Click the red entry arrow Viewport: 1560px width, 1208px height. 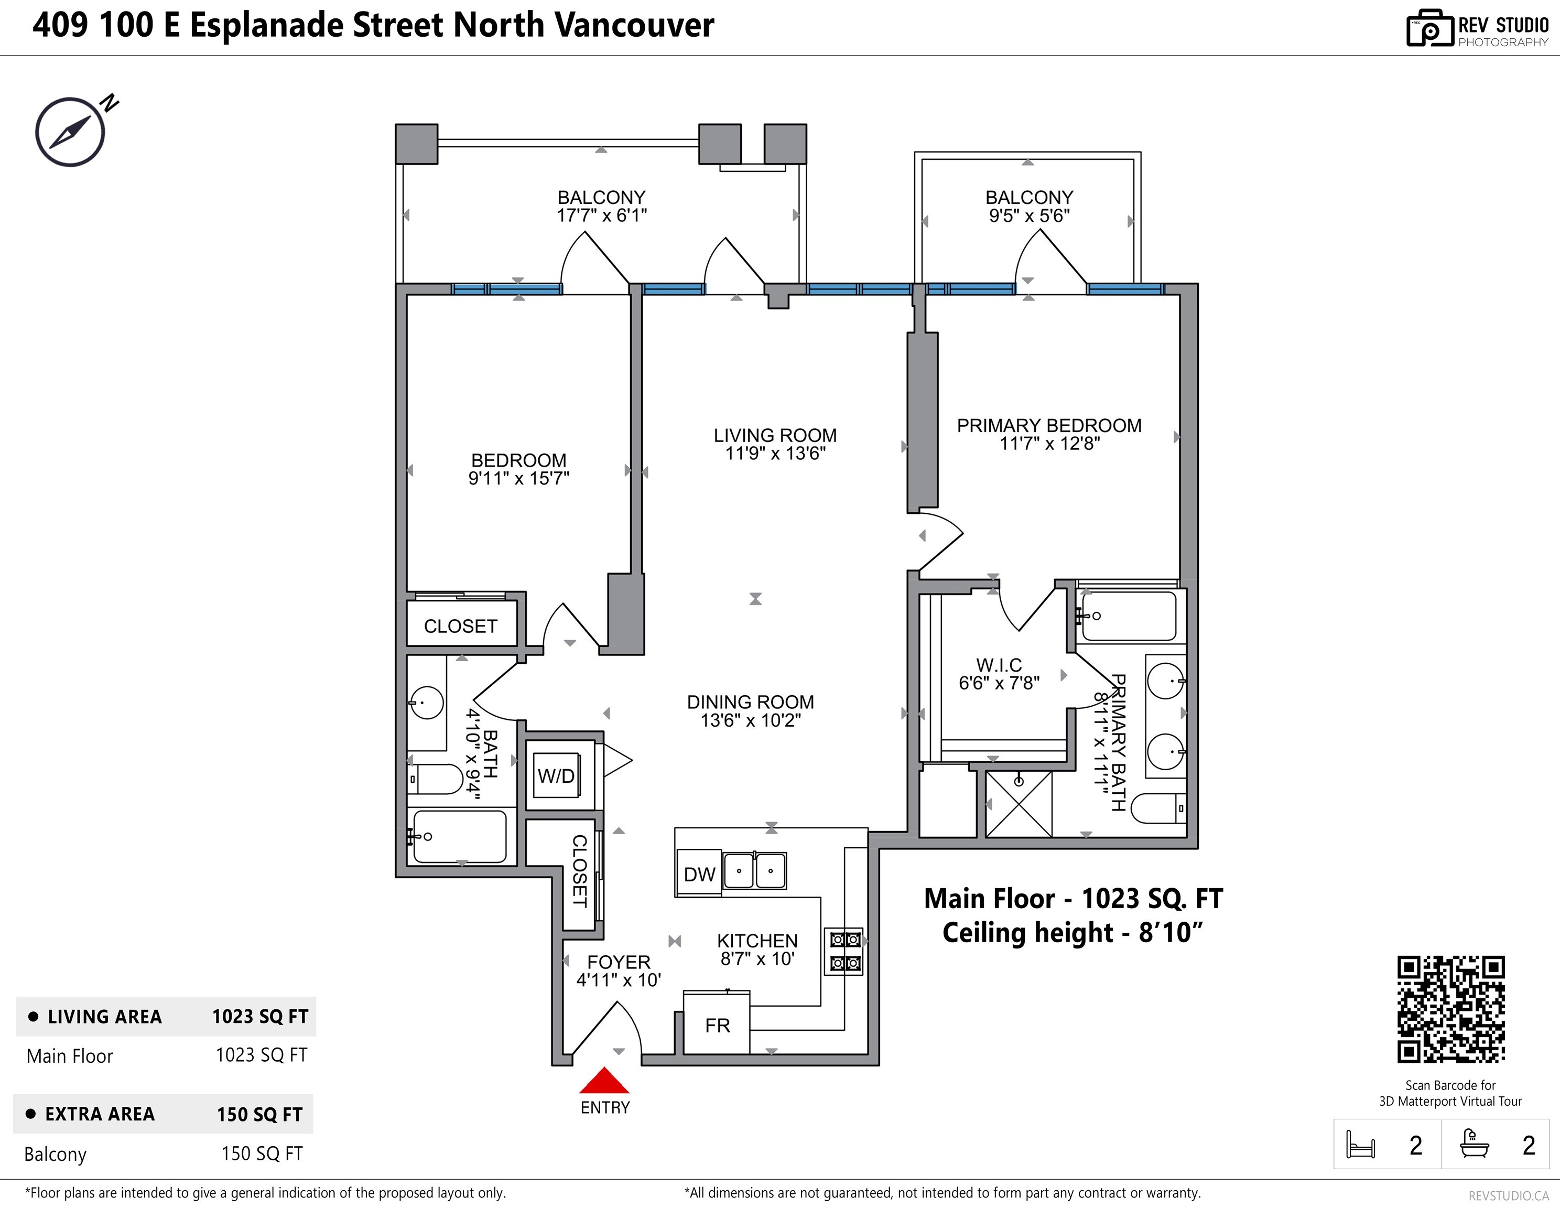coord(604,1080)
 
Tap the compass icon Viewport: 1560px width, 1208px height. coord(71,132)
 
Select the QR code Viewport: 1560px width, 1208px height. coord(1451,1009)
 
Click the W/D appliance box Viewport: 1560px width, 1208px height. coord(556,776)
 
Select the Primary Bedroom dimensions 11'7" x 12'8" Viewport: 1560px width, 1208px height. coord(1049,444)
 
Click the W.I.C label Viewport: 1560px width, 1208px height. coord(999,665)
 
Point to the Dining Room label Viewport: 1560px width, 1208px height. coord(750,702)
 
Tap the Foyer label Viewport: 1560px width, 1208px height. coord(619,962)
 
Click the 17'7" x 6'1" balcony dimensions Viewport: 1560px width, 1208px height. coord(601,215)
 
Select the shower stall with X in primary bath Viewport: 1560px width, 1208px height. coord(1019,804)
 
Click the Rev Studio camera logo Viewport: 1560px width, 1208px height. coord(1429,29)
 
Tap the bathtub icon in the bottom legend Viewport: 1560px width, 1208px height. coord(1474,1144)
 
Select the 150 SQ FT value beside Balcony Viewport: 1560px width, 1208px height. coord(262,1153)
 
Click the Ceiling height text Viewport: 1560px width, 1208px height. coord(1072,933)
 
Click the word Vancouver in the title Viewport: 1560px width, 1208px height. coord(634,25)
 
